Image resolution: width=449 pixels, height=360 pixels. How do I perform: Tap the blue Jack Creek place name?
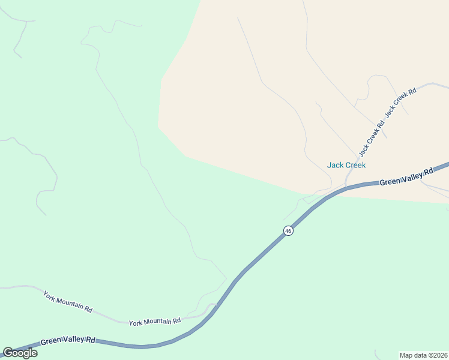click(x=346, y=165)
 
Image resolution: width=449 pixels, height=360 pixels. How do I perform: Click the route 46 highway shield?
click(x=288, y=230)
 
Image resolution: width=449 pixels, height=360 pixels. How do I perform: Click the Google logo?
click(x=20, y=353)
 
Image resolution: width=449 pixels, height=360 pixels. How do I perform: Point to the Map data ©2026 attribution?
click(x=423, y=355)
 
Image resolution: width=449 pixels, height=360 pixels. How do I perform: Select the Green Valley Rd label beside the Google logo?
click(x=68, y=340)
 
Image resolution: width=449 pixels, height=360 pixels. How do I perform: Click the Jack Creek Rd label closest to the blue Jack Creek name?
click(x=371, y=139)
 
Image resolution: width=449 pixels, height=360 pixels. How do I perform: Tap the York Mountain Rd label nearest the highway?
click(x=155, y=321)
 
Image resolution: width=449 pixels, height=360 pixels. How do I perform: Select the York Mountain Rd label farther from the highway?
click(x=67, y=301)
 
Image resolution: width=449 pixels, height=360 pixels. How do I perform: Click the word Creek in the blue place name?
click(x=355, y=165)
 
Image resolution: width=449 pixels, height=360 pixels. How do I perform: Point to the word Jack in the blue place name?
click(x=334, y=165)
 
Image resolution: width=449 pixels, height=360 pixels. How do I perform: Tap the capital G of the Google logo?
click(x=8, y=352)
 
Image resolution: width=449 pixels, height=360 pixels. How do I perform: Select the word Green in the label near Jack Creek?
click(x=390, y=180)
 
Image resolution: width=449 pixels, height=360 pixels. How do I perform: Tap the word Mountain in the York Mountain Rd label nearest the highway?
click(x=153, y=321)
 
